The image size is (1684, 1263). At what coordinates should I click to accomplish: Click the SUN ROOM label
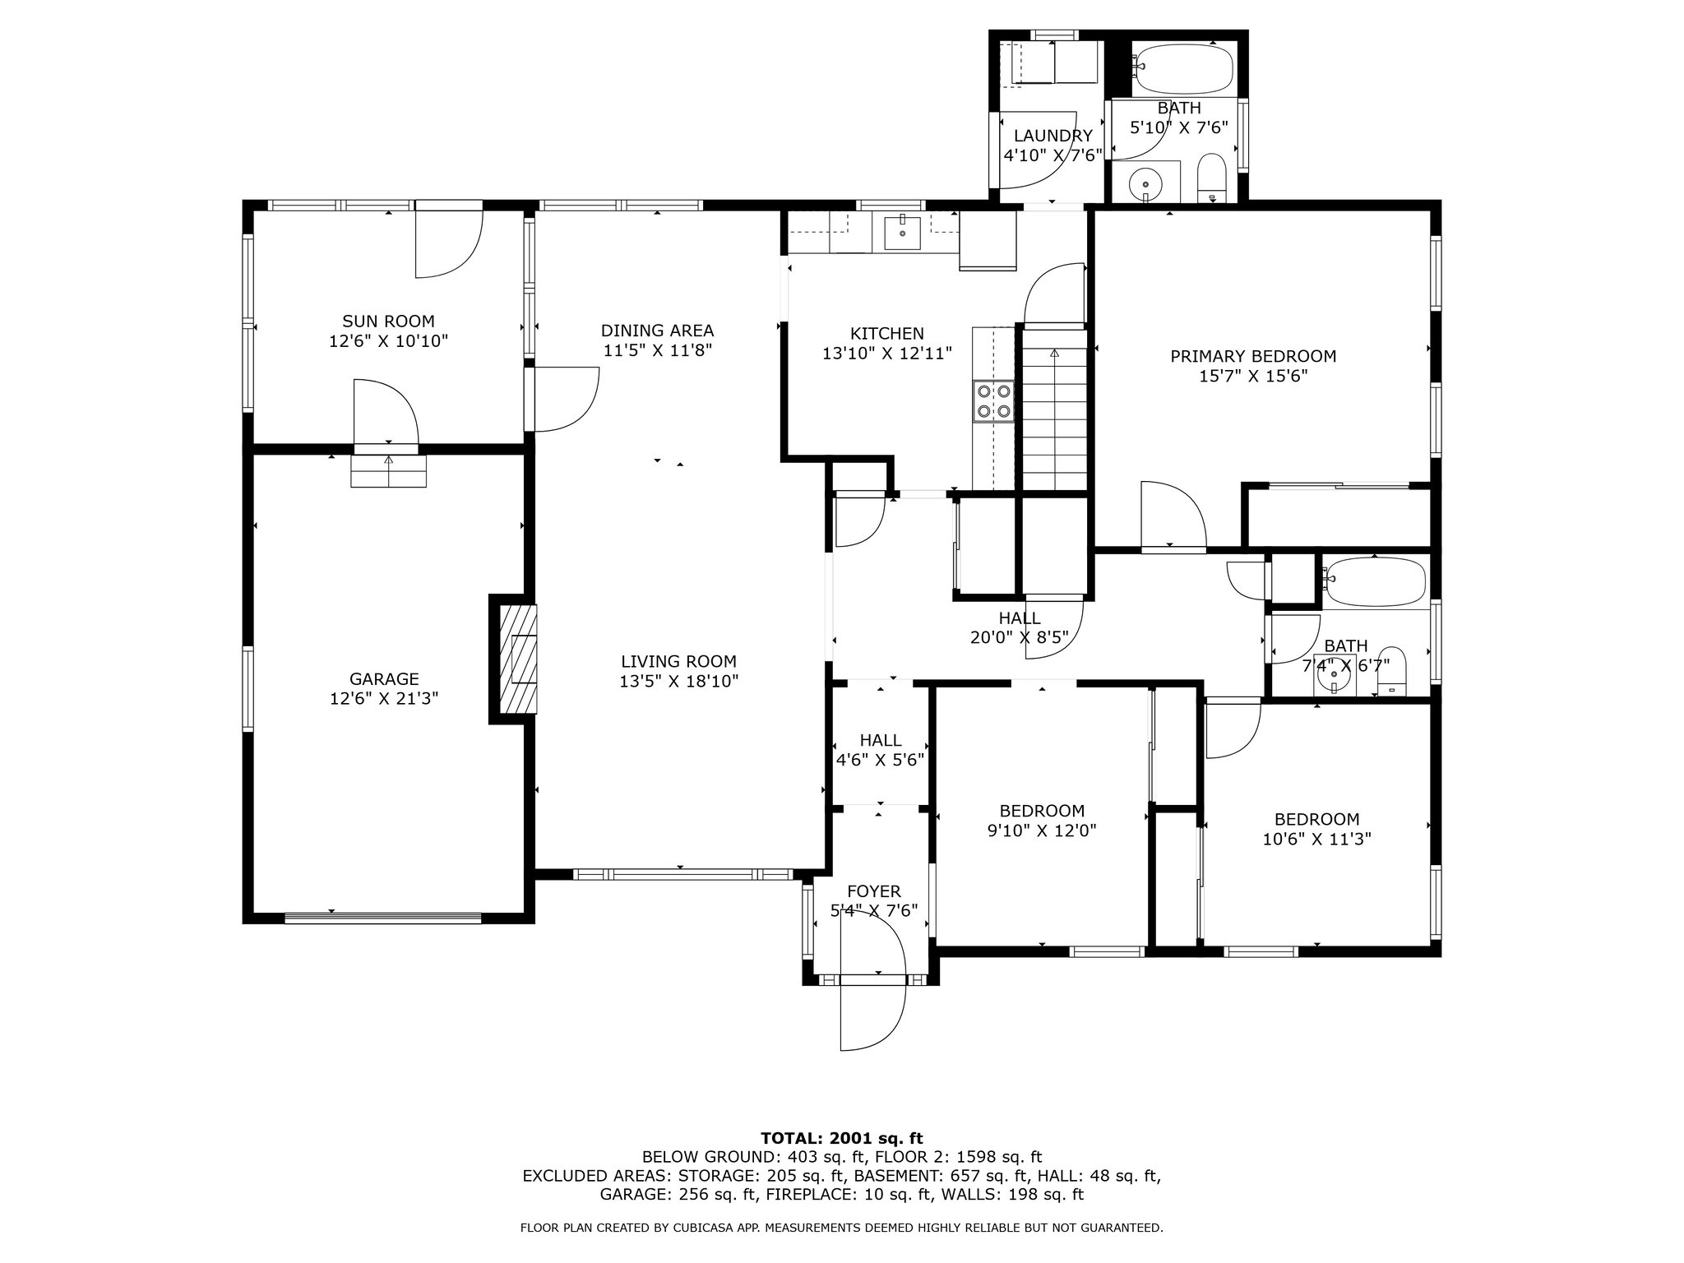tap(388, 322)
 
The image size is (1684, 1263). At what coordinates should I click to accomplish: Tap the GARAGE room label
tap(384, 679)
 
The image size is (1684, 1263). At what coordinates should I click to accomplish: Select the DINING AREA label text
tap(657, 331)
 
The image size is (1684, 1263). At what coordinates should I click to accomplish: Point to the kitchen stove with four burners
tap(993, 401)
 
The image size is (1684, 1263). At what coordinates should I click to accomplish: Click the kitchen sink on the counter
tap(902, 232)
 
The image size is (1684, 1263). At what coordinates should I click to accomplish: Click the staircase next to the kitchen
tap(1053, 408)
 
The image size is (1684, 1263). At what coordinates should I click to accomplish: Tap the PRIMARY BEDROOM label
tap(1253, 356)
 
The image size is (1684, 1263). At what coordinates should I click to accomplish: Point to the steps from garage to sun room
tap(389, 471)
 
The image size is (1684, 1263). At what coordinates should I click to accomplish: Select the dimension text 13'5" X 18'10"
tap(679, 681)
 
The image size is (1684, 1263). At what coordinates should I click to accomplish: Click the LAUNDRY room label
tap(1052, 136)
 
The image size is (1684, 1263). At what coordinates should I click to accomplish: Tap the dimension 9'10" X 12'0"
tap(1042, 830)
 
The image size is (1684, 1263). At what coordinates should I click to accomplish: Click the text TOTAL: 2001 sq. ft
tap(842, 1138)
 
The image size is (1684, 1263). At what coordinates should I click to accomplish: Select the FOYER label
tap(873, 891)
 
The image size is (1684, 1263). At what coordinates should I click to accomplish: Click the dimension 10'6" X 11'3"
tap(1317, 839)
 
